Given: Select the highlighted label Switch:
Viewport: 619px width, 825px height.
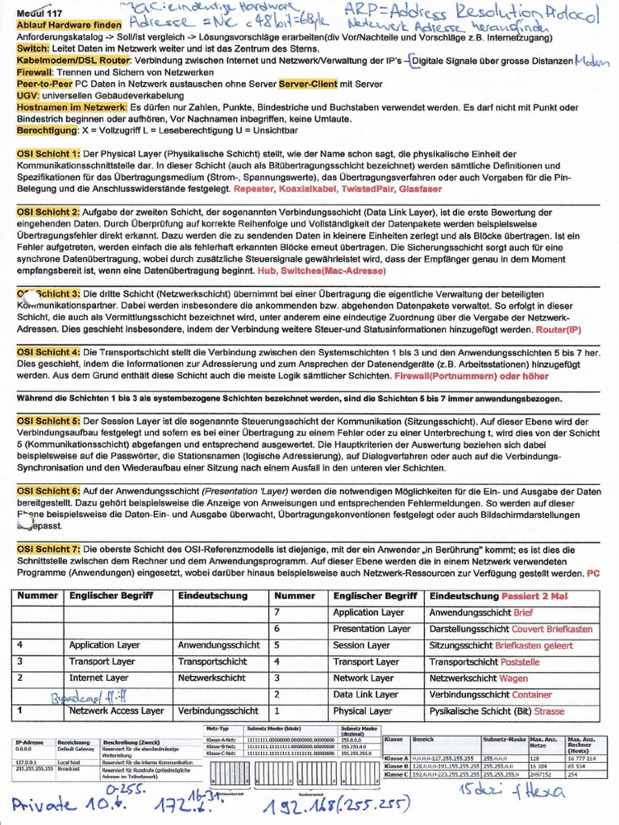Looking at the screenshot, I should click(x=33, y=49).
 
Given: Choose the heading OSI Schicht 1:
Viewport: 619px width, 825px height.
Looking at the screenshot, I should click(x=48, y=154).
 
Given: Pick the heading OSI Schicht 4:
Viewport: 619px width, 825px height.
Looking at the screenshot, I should click(x=48, y=353).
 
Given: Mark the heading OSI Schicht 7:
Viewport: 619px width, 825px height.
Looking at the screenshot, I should click(x=48, y=549).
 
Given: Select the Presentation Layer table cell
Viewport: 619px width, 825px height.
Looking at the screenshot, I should click(x=372, y=629).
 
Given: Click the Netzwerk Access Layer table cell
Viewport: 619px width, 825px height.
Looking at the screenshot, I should click(x=116, y=711).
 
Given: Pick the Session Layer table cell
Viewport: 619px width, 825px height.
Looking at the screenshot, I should click(x=361, y=645).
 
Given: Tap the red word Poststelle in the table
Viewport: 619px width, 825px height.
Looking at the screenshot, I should click(x=521, y=662).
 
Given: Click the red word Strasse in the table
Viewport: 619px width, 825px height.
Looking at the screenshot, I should click(x=549, y=711).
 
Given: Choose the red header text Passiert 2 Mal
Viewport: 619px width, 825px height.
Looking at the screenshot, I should click(x=534, y=596).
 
